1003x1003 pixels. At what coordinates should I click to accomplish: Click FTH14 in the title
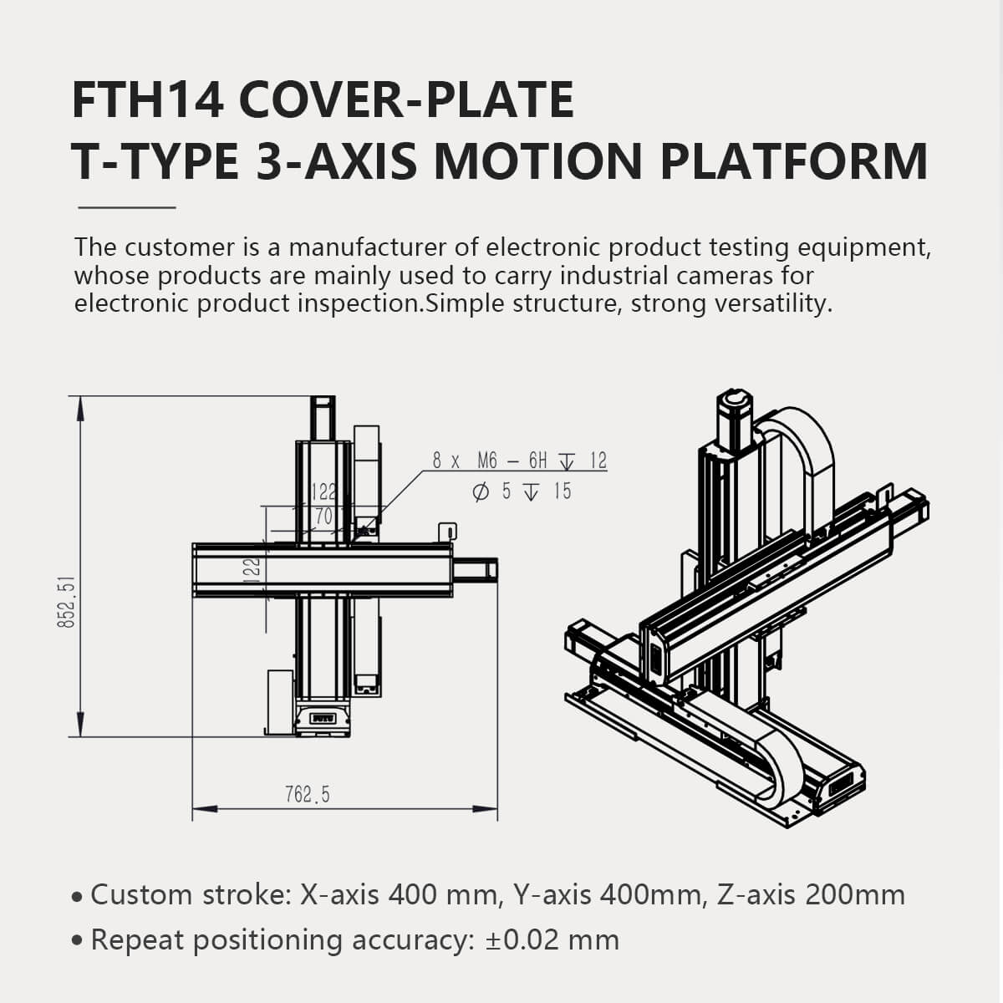[x=148, y=99]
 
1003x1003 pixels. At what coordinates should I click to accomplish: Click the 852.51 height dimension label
[x=66, y=601]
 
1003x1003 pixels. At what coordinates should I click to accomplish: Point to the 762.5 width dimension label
[x=307, y=794]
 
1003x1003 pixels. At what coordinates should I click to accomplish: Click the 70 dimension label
[x=323, y=517]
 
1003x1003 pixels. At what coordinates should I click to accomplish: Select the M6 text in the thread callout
[x=487, y=461]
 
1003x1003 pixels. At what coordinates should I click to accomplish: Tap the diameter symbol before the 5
[x=481, y=491]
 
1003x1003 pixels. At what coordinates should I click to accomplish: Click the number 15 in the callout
[x=563, y=491]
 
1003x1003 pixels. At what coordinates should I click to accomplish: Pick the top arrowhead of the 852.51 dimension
[x=80, y=409]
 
